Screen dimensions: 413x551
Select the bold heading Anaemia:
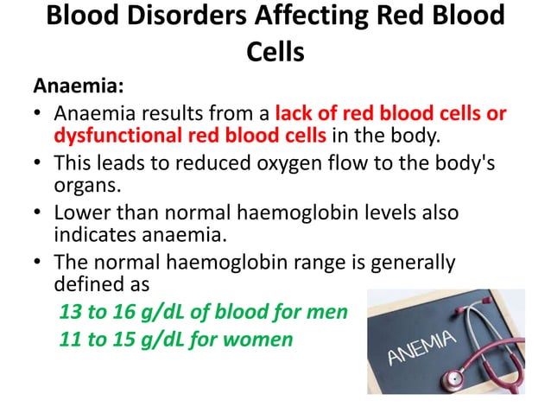click(x=79, y=86)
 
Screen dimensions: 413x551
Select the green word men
click(x=328, y=311)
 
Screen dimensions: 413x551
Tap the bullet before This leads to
click(x=39, y=162)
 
